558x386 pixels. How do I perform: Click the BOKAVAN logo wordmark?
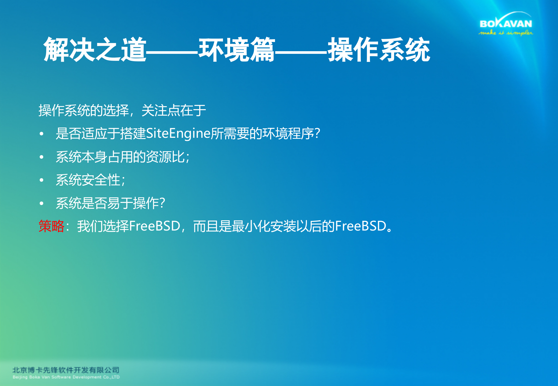(506, 24)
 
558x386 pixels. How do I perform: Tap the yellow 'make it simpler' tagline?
(506, 33)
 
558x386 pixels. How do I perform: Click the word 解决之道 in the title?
(95, 50)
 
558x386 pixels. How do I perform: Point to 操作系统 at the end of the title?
(379, 50)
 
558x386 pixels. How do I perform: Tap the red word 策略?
(52, 226)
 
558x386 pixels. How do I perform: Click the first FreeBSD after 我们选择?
(155, 226)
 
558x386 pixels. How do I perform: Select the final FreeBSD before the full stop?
(361, 226)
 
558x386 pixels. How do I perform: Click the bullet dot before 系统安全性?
(42, 180)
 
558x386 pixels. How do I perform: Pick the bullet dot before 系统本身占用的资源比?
(42, 157)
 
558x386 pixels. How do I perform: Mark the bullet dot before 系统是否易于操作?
(42, 203)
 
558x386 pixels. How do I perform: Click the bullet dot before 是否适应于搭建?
(42, 133)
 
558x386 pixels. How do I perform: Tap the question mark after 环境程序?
(317, 133)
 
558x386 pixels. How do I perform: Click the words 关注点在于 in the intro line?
(174, 110)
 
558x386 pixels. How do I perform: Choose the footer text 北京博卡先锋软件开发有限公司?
(66, 370)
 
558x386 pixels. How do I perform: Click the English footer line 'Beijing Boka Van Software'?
(66, 377)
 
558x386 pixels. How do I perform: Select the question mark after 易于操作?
(162, 203)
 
